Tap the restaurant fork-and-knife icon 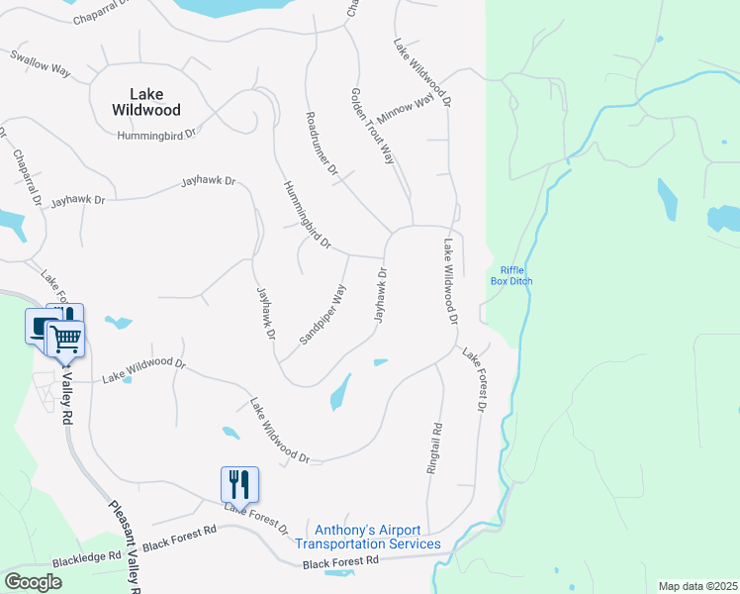239,484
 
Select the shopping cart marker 65,339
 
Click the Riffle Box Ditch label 511,275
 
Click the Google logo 33,582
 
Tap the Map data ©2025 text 697,586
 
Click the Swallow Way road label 41,65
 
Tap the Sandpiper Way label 324,315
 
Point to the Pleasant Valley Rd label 123,544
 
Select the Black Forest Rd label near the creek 341,561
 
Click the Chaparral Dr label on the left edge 27,177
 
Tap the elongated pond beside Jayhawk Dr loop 339,392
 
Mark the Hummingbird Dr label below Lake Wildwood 156,134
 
